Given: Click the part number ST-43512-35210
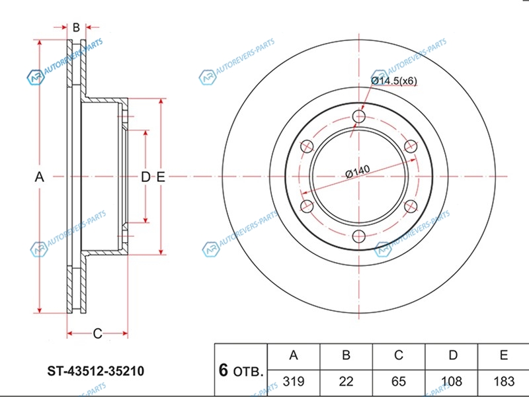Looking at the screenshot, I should pos(95,371).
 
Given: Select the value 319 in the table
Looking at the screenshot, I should pos(294,381).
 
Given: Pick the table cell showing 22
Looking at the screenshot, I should pos(346,381).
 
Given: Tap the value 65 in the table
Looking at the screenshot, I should pos(399,381).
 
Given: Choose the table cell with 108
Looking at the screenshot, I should pos(452,381).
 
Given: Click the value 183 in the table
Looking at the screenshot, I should pos(504,381).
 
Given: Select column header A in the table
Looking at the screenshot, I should pos(294,356).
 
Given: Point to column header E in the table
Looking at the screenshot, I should pos(504,356).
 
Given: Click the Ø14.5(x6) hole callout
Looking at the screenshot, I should pos(394,81).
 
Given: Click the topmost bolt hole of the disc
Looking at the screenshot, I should pos(359,117).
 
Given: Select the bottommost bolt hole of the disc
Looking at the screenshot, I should pos(359,236).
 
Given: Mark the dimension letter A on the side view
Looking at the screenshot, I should pos(39,177).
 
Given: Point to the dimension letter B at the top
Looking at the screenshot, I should pos(76,27).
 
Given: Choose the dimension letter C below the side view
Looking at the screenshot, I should pos(97,333).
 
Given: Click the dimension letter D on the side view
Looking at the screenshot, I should pos(145,177).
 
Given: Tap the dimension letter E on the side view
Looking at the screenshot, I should pos(161,177).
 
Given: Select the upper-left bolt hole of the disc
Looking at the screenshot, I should pos(307,147).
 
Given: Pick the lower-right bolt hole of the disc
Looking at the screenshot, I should pos(411,206).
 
